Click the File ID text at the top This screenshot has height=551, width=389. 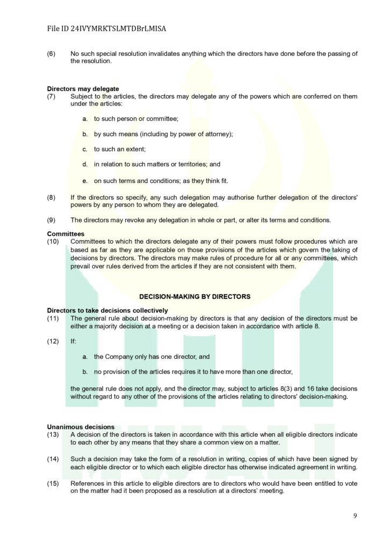coord(106,29)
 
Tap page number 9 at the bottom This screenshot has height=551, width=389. coord(355,515)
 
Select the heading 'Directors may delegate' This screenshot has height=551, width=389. coord(83,89)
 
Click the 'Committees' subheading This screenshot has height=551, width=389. coord(66,234)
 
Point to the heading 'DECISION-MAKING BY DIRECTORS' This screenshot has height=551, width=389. coord(195,296)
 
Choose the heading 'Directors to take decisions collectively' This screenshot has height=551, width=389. coord(107,310)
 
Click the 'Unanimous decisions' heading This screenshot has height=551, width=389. coord(81,427)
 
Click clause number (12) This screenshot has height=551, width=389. coord(53,341)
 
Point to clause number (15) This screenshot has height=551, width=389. coord(53,483)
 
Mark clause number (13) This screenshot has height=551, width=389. coord(53,434)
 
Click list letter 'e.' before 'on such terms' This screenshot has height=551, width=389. coord(85,181)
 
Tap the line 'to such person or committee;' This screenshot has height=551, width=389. coord(136,118)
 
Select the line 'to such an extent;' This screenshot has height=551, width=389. coord(120,149)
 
